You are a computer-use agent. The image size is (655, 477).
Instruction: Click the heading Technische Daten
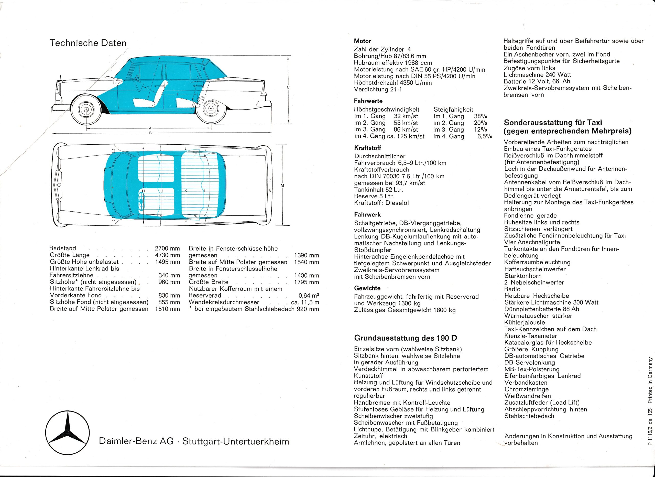pyautogui.click(x=88, y=43)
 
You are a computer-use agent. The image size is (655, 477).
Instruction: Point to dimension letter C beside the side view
pyautogui.click(x=288, y=87)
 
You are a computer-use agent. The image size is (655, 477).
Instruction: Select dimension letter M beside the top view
pyautogui.click(x=282, y=185)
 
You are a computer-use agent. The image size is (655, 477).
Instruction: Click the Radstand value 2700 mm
pyautogui.click(x=167, y=248)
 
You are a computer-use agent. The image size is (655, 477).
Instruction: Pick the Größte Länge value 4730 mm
pyautogui.click(x=167, y=255)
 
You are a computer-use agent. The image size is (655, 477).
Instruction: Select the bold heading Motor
pyautogui.click(x=363, y=41)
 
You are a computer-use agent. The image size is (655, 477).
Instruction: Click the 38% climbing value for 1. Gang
pyautogui.click(x=481, y=116)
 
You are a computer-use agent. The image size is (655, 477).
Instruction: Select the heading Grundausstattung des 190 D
pyautogui.click(x=406, y=338)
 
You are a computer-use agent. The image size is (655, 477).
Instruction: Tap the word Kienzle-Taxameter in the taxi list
pyautogui.click(x=531, y=336)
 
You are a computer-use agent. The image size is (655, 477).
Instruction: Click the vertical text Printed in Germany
pyautogui.click(x=650, y=380)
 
